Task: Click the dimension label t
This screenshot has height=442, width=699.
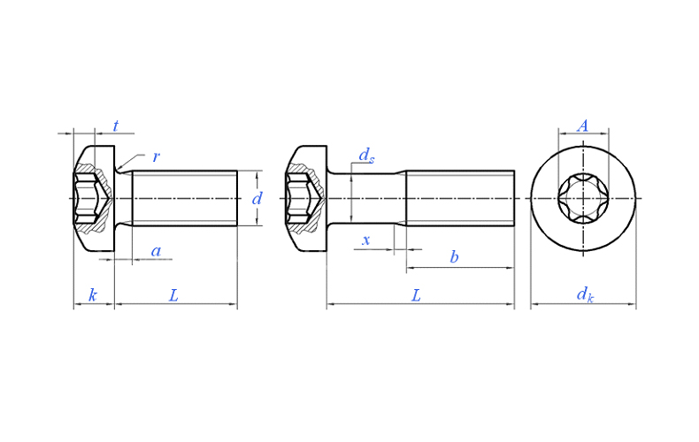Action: tap(116, 126)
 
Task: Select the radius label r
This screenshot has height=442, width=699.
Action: tap(156, 156)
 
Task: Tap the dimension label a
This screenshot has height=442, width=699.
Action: tap(156, 251)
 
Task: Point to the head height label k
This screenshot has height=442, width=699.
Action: tap(93, 295)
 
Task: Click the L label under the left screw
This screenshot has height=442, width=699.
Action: tap(173, 295)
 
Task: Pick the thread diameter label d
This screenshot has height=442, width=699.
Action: tap(257, 198)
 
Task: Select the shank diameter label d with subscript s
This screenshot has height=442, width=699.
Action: tap(366, 156)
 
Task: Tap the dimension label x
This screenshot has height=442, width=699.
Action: tap(366, 240)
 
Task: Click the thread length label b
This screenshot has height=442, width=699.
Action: tap(454, 257)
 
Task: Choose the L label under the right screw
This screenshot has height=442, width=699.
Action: tap(416, 295)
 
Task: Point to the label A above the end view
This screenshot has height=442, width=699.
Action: tap(583, 126)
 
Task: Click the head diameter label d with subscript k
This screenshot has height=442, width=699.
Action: tap(585, 294)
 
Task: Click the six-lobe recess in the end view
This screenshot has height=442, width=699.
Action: tap(583, 198)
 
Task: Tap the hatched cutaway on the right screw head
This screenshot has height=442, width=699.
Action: tap(305, 198)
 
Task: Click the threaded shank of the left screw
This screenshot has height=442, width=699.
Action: tap(185, 198)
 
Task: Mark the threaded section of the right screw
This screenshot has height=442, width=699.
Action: tap(460, 198)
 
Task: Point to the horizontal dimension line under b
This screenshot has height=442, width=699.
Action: tap(460, 268)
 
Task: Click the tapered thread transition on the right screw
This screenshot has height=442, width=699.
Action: tap(400, 198)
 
